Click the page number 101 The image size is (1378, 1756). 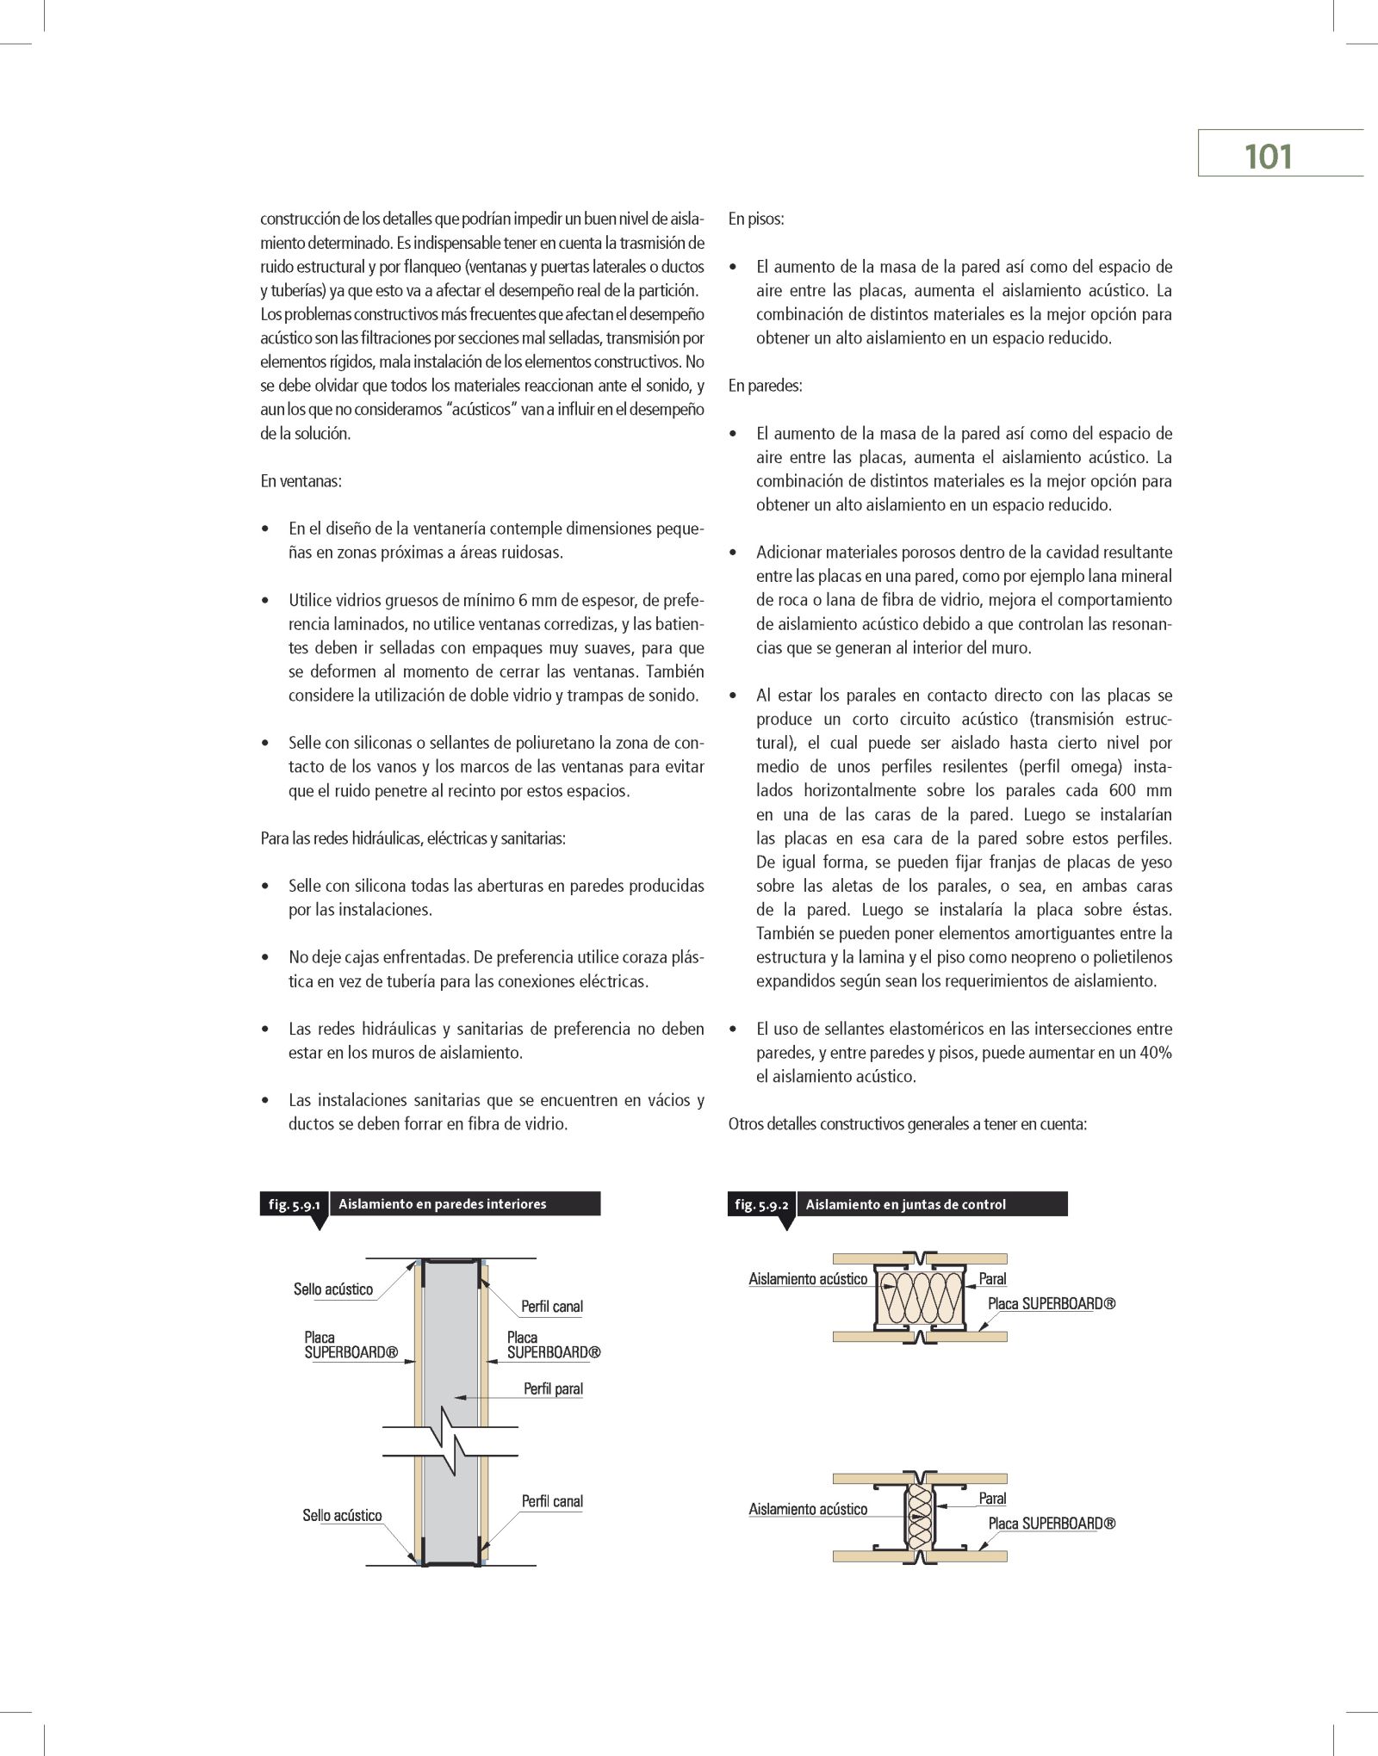point(1268,157)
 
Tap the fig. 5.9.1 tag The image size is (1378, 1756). point(294,1204)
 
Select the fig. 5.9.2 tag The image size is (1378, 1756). point(761,1204)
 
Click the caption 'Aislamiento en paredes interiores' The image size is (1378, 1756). point(443,1203)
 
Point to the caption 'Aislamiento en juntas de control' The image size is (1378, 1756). point(905,1204)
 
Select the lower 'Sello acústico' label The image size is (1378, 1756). point(342,1539)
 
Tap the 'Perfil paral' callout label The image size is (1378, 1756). point(553,1413)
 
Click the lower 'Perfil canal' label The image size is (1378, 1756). point(552,1524)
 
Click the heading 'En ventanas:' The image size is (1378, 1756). point(301,481)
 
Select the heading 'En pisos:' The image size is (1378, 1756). point(756,219)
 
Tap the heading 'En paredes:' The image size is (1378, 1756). point(765,386)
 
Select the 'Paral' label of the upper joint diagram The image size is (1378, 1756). point(992,1279)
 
